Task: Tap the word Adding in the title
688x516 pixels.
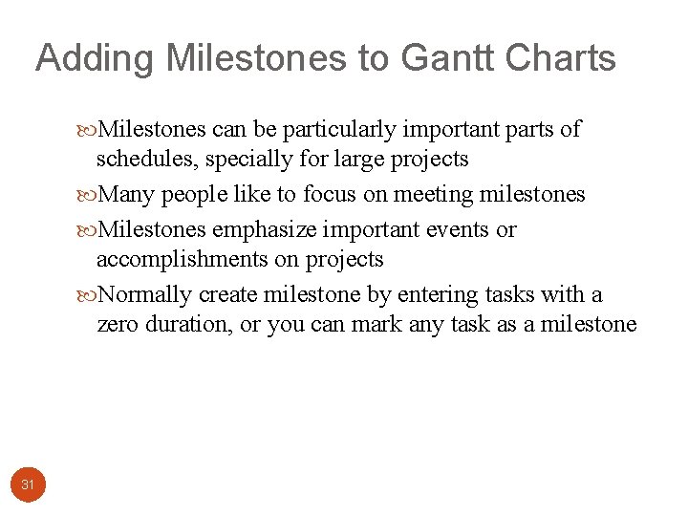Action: (94, 58)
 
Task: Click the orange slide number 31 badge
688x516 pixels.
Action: (28, 484)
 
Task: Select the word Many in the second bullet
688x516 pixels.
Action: (127, 195)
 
